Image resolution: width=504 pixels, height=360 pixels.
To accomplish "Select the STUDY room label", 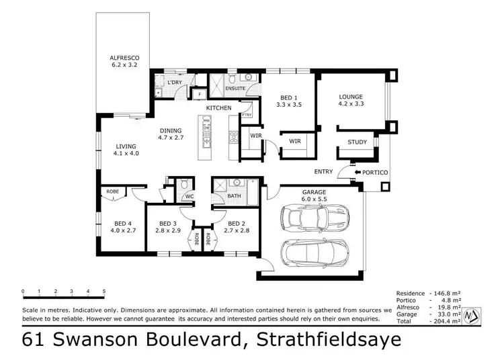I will tap(357, 142).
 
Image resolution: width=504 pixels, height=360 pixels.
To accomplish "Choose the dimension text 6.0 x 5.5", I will tap(313, 199).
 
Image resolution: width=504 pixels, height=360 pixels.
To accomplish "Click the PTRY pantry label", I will tap(246, 115).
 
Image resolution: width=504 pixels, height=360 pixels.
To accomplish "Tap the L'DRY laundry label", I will tap(175, 83).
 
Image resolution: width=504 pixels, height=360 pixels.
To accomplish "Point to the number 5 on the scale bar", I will tap(104, 291).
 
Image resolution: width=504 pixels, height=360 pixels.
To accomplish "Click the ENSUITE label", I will tap(235, 88).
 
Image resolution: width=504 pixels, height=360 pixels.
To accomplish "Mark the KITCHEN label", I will tap(218, 107).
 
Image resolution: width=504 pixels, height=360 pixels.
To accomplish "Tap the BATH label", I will tap(234, 196).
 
